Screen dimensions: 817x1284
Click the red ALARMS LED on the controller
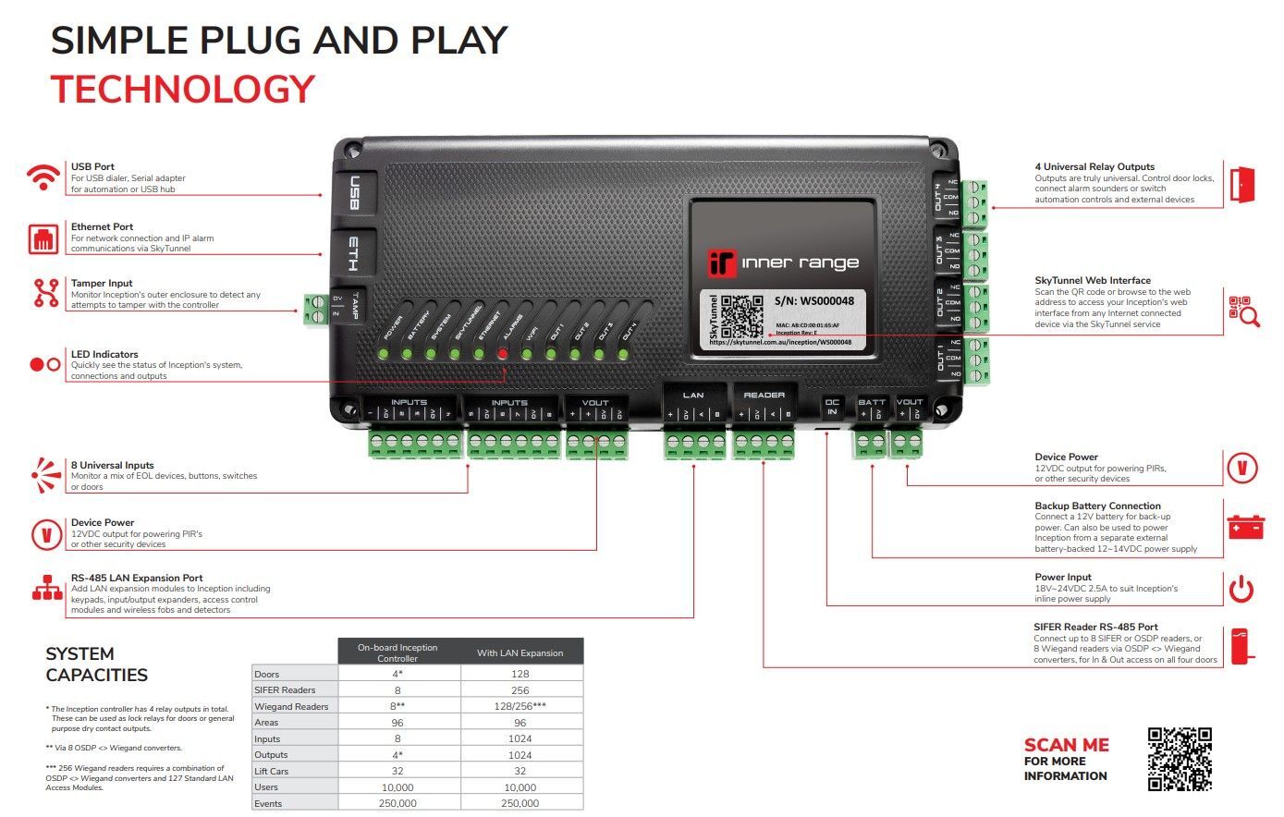(x=503, y=353)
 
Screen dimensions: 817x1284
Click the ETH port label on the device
(x=353, y=252)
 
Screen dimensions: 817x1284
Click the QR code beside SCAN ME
(x=1180, y=759)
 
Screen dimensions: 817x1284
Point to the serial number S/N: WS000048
(x=813, y=301)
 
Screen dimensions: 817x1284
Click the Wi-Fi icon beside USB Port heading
(x=43, y=177)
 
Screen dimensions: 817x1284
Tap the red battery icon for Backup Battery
(x=1244, y=527)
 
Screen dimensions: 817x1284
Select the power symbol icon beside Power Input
(x=1241, y=589)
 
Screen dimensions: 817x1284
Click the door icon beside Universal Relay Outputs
(x=1242, y=186)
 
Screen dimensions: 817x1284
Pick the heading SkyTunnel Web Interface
(x=1093, y=280)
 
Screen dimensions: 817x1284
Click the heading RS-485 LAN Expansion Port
(x=137, y=578)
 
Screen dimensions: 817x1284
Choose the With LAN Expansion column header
(x=520, y=652)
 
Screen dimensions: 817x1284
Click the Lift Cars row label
(x=272, y=771)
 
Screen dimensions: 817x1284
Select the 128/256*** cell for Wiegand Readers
(x=520, y=706)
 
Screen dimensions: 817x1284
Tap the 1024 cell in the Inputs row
(x=520, y=738)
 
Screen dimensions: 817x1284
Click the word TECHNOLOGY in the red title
(x=183, y=90)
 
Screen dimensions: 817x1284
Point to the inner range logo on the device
(x=783, y=262)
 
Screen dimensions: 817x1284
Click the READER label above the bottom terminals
(x=764, y=396)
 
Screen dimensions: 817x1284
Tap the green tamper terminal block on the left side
(x=314, y=309)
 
